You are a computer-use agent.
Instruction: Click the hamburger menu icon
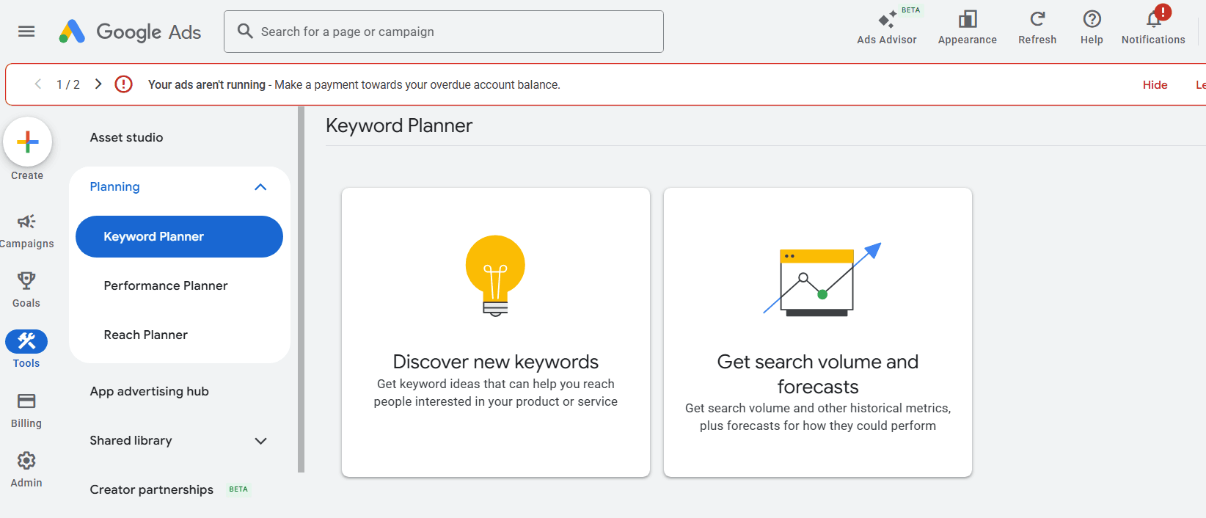(x=26, y=32)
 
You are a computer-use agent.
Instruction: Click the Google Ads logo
(x=130, y=32)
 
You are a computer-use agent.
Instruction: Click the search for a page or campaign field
(x=444, y=32)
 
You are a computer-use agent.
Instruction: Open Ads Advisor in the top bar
(x=887, y=27)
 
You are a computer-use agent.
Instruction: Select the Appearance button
(x=968, y=27)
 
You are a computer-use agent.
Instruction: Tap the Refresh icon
(x=1037, y=19)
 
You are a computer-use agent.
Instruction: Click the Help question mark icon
(x=1092, y=19)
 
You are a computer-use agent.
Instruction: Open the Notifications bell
(x=1154, y=19)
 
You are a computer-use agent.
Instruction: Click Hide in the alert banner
(x=1155, y=85)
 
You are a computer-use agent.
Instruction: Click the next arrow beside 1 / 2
(x=98, y=84)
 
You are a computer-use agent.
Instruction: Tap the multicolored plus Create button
(x=27, y=142)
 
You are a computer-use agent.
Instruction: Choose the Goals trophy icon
(x=26, y=280)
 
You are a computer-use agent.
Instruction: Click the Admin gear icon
(x=26, y=461)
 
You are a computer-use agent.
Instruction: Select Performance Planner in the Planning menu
(x=166, y=285)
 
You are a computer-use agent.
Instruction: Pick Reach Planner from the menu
(x=145, y=335)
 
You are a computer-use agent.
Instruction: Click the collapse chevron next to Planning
(x=260, y=187)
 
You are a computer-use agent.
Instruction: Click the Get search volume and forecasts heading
(x=818, y=373)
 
